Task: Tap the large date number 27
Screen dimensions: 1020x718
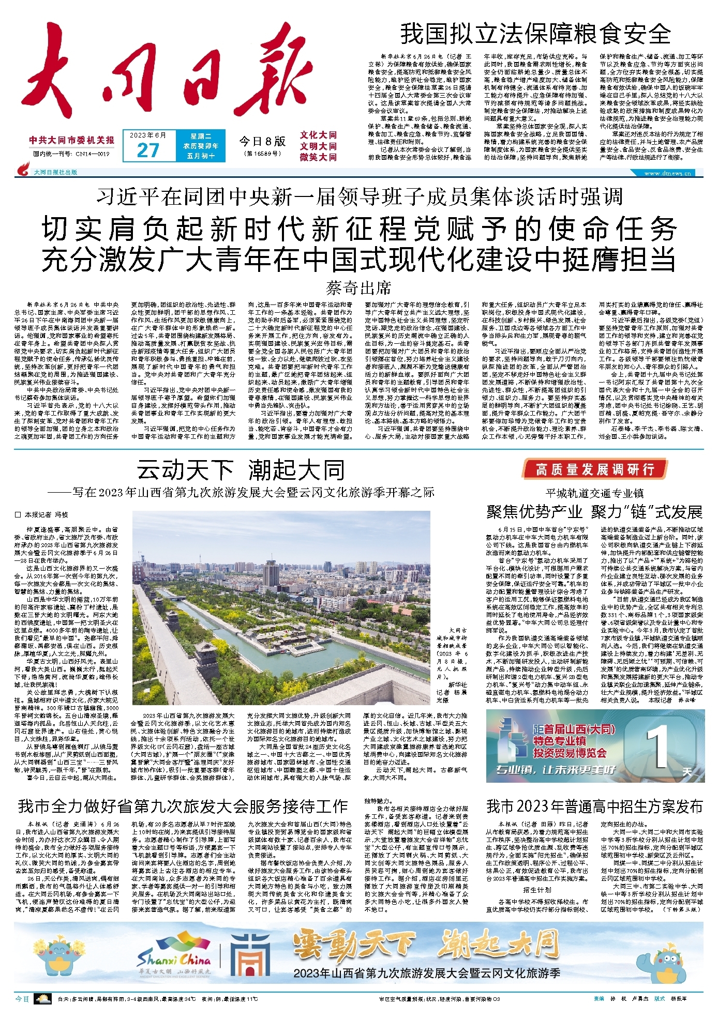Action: point(147,150)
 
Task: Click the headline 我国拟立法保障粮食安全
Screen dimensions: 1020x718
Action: point(535,34)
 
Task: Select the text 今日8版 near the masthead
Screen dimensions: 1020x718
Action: point(262,142)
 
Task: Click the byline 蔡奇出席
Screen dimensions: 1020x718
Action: point(358,287)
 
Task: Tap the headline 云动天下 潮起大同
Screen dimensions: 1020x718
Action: point(241,470)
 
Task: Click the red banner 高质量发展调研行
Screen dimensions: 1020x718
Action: point(594,469)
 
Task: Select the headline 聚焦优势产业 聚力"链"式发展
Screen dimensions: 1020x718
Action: point(594,512)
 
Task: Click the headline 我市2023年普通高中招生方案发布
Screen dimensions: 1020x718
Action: point(594,806)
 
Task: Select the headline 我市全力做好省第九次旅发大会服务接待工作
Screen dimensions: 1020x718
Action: point(183,806)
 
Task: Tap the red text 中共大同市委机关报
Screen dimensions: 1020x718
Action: point(72,140)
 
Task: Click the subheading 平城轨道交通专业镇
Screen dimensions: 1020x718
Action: point(594,493)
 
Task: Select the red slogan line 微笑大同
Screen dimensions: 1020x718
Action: point(318,157)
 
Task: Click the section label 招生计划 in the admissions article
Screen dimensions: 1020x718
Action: point(536,890)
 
